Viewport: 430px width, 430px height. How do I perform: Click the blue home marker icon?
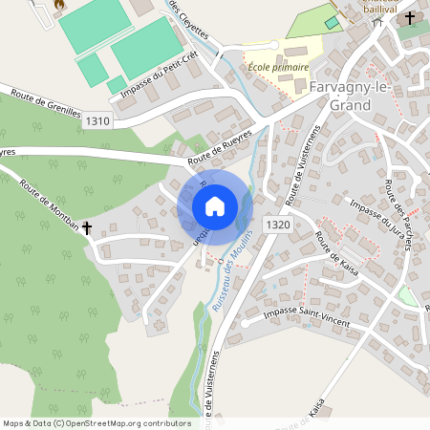point(215,206)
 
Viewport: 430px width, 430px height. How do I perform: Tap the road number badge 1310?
point(97,121)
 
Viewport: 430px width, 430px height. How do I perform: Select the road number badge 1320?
point(278,224)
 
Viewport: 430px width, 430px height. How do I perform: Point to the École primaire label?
point(278,67)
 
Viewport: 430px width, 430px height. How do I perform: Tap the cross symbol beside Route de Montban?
point(87,228)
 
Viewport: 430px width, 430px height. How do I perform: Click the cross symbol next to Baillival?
point(410,17)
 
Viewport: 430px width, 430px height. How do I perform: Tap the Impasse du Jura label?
point(377,219)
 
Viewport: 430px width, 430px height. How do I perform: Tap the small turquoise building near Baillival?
point(332,23)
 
